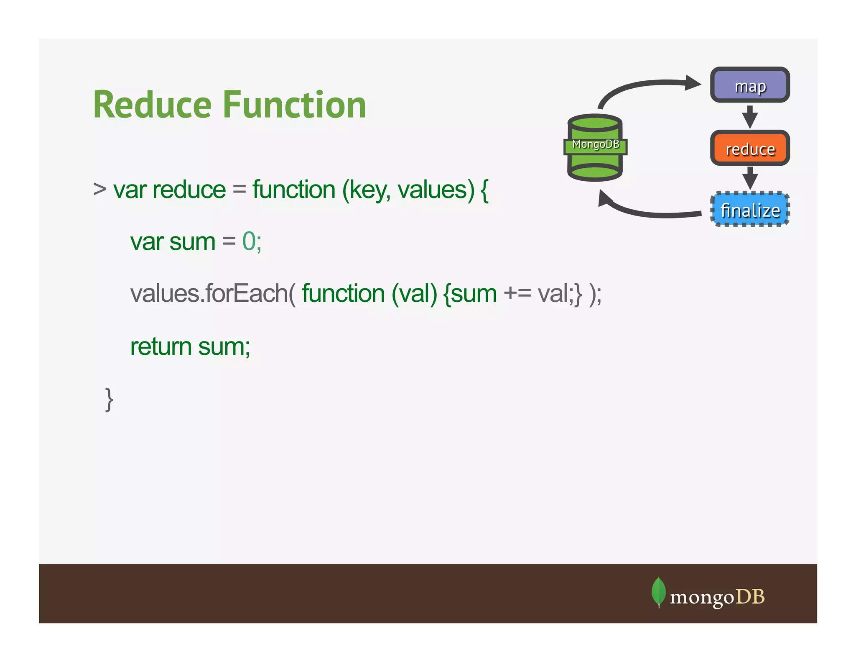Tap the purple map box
point(750,85)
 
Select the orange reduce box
point(750,148)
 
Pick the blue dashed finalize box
point(750,210)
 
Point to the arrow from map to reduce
point(750,117)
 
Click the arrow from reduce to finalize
point(750,178)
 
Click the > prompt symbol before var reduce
point(99,189)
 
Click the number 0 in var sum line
point(249,241)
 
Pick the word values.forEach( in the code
point(213,293)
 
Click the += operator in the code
point(517,293)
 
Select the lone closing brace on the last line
point(109,400)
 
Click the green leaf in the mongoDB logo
point(658,592)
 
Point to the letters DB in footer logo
point(750,597)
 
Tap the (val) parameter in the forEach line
point(414,294)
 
